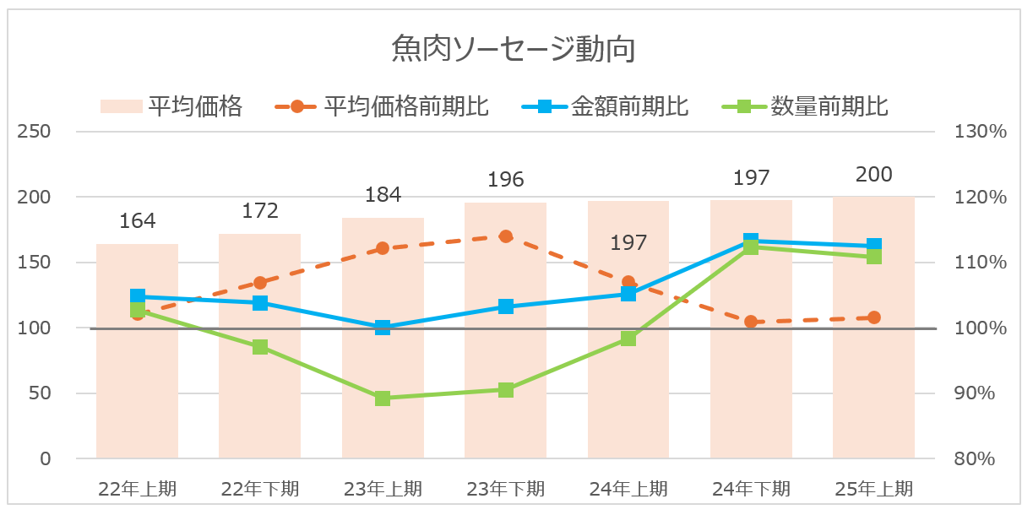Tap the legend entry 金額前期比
629,106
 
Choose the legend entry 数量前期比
829,106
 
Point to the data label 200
873,175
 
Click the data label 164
138,221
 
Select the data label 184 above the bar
383,195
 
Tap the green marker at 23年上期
383,398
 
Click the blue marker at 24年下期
751,241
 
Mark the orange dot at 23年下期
505,236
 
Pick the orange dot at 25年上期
873,317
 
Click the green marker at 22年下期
260,347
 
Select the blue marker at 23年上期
383,328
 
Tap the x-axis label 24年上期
628,488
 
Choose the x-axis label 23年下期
505,488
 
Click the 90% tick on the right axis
974,393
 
